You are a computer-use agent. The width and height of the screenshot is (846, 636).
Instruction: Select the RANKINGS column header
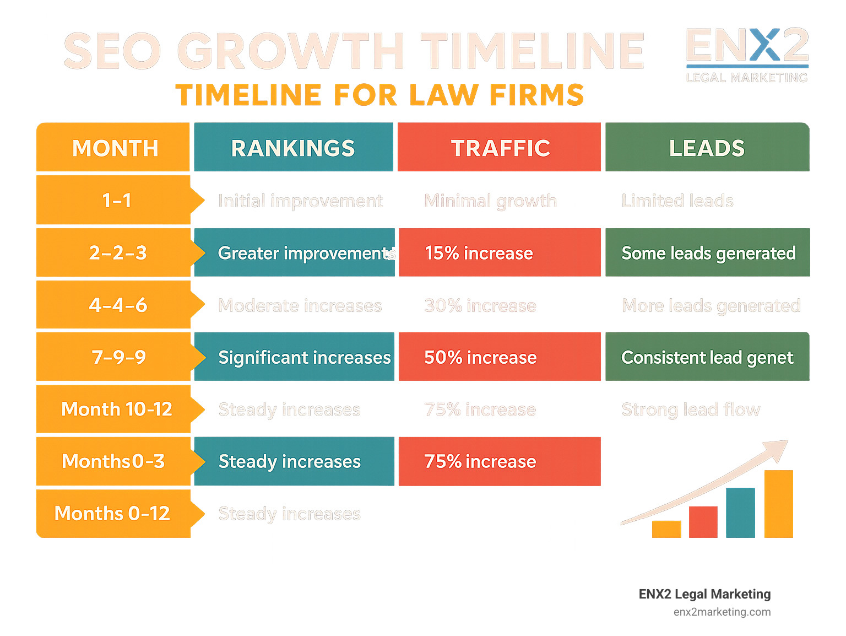click(293, 148)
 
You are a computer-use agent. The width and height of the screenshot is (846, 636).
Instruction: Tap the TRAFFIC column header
click(500, 148)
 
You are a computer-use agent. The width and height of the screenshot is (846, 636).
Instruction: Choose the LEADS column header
click(707, 148)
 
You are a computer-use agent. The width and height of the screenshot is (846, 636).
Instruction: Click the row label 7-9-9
click(118, 357)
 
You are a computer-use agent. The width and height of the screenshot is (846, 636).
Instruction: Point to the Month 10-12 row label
click(116, 409)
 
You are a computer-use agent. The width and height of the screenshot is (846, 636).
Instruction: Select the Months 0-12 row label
click(112, 513)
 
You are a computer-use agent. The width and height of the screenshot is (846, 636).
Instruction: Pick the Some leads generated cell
click(708, 253)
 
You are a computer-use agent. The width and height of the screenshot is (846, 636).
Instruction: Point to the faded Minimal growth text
click(490, 201)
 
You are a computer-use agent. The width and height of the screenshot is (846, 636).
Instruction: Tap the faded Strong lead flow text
click(691, 409)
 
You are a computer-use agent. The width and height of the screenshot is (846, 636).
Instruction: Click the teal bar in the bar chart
click(740, 513)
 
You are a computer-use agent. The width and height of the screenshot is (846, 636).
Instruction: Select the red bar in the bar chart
click(703, 522)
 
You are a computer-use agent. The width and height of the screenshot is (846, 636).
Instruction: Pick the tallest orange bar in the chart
click(778, 504)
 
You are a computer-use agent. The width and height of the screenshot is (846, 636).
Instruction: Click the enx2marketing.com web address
click(722, 612)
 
